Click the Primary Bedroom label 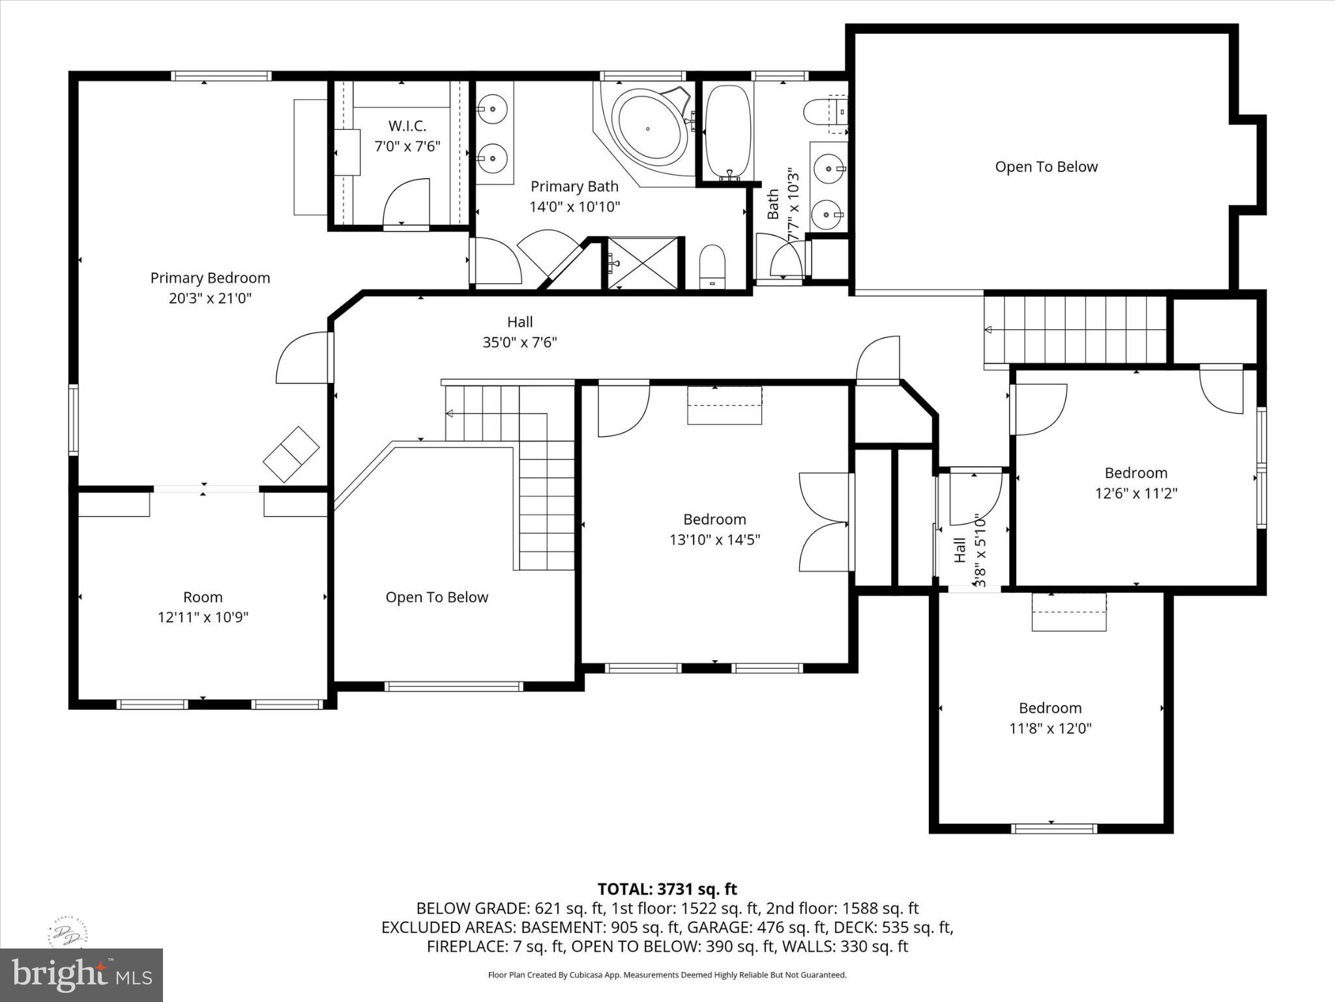pos(210,278)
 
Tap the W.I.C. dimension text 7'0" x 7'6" pos(407,146)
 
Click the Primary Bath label pos(574,187)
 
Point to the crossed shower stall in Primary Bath pos(643,264)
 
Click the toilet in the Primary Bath pos(712,266)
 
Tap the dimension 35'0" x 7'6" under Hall pos(520,342)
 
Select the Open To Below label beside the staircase pos(437,598)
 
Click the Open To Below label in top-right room pos(1046,167)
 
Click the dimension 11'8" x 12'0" pos(1050,728)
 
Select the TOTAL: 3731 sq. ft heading pos(667,889)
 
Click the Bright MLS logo pos(81,975)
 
